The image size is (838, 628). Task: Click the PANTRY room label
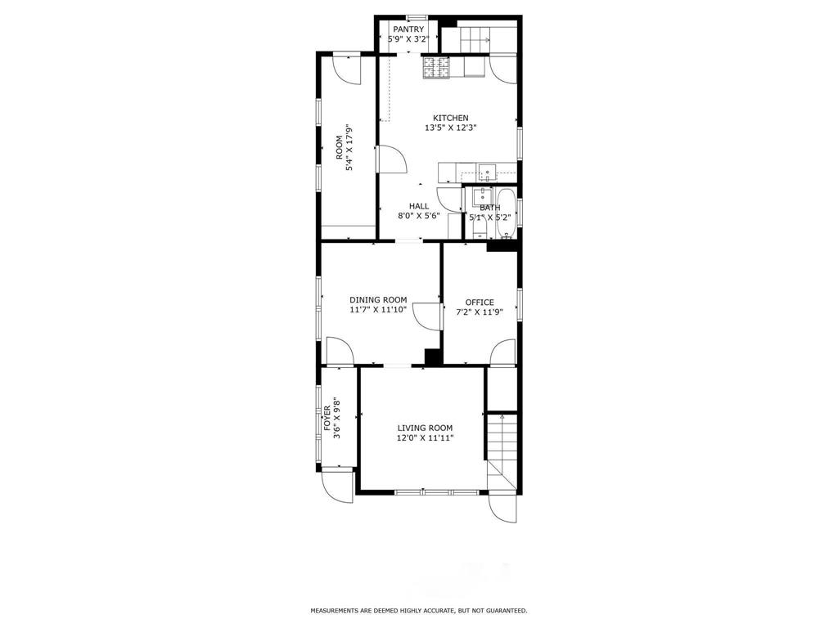(408, 29)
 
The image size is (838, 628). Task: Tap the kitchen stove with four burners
(435, 68)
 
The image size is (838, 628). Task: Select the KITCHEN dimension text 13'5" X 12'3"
(450, 128)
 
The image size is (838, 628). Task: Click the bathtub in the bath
(507, 214)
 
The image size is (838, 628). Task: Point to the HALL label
(419, 206)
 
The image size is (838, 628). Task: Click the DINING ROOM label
(377, 300)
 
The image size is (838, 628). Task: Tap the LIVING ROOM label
(425, 428)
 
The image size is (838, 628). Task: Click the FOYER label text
(328, 418)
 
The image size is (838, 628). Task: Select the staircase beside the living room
(502, 450)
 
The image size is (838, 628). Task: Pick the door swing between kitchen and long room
(390, 159)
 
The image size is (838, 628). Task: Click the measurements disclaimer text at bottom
(418, 611)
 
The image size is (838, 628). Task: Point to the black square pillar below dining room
(433, 357)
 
